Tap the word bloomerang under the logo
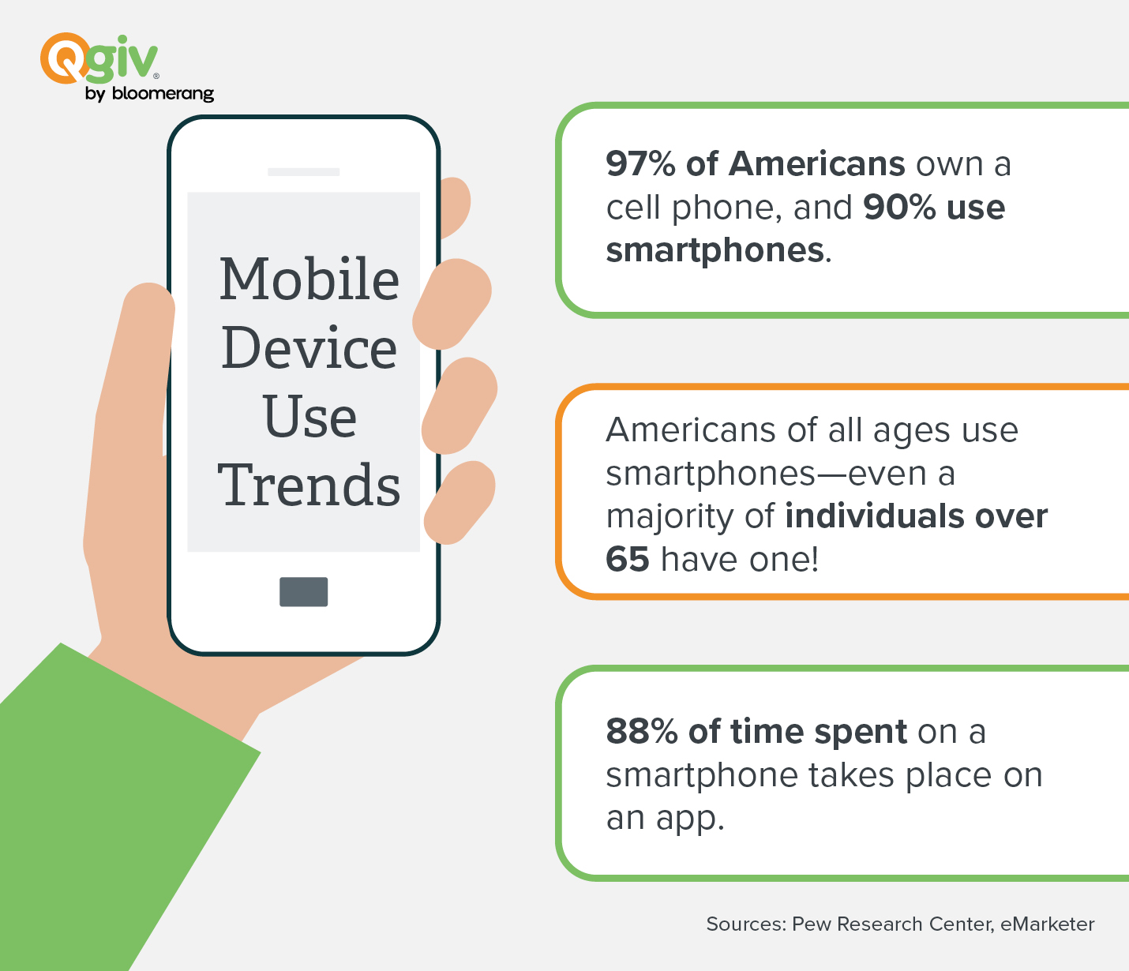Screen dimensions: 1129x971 click(x=163, y=93)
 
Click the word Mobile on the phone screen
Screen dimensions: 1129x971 click(x=309, y=279)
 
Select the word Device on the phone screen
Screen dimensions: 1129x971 click(x=309, y=347)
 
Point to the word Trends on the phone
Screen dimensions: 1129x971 click(x=309, y=484)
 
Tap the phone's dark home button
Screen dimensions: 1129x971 click(x=304, y=591)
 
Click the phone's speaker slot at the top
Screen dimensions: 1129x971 click(x=304, y=172)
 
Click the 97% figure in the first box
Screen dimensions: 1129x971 click(x=641, y=164)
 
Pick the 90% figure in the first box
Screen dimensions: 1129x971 click(x=899, y=208)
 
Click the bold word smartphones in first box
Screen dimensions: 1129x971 click(x=715, y=251)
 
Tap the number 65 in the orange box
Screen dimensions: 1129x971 click(x=628, y=559)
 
